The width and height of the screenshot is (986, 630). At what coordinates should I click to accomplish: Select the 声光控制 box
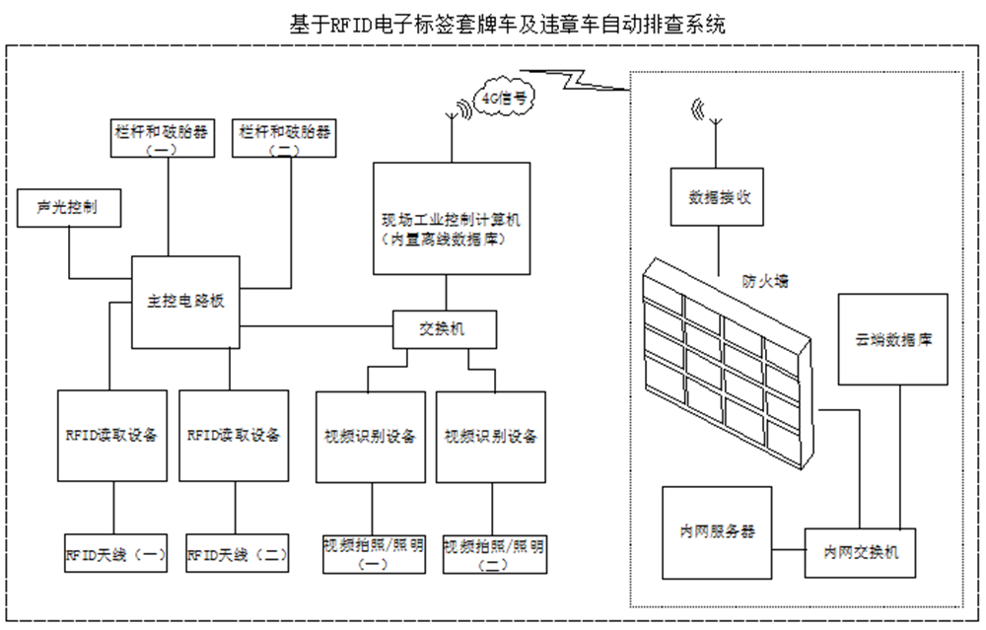tap(68, 208)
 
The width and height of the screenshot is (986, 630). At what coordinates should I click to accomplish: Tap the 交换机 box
tap(444, 329)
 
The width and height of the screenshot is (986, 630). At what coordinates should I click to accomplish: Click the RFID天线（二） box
tap(237, 554)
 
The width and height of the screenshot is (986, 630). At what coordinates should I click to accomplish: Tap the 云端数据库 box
tap(893, 339)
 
